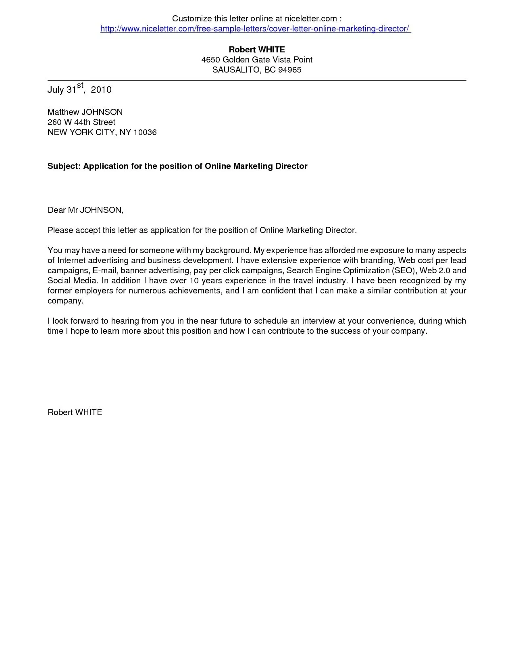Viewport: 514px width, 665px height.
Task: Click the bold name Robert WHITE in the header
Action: [x=257, y=50]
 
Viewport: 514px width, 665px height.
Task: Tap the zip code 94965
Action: [x=289, y=70]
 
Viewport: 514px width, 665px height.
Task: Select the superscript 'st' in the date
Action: [x=80, y=85]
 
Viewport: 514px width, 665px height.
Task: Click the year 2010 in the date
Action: [x=101, y=89]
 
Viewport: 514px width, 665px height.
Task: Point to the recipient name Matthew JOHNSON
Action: [x=85, y=112]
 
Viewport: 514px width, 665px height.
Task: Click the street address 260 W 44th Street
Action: [x=81, y=122]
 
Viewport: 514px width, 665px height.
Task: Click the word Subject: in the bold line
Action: [x=65, y=166]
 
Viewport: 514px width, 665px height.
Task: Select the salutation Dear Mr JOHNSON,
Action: [x=85, y=210]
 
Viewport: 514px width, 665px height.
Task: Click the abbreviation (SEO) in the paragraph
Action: [x=404, y=270]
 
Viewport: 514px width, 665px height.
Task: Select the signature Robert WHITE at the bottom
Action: [x=75, y=412]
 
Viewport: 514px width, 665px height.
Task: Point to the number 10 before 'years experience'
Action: [x=194, y=281]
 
